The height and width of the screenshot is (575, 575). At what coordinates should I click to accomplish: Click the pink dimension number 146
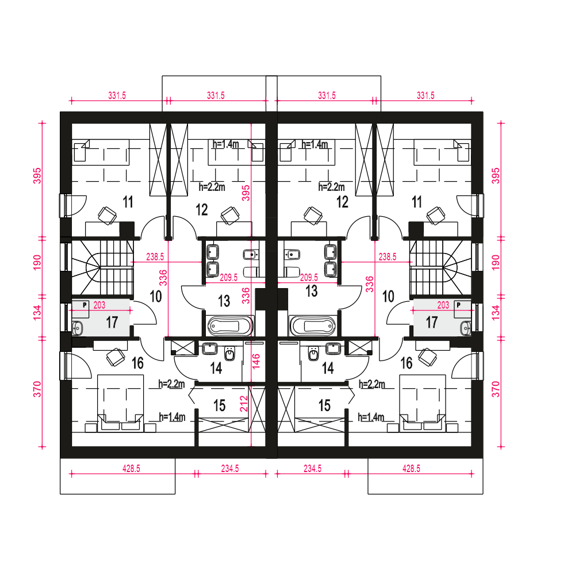click(256, 361)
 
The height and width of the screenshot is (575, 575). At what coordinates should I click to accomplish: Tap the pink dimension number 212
click(244, 404)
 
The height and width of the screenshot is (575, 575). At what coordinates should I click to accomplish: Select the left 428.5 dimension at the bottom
click(131, 468)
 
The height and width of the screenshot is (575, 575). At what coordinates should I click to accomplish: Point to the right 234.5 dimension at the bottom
click(312, 468)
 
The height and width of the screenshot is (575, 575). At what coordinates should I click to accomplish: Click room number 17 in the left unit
click(112, 323)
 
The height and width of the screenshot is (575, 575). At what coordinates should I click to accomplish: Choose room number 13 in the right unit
click(311, 291)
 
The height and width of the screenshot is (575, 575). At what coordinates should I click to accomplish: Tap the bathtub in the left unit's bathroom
click(231, 325)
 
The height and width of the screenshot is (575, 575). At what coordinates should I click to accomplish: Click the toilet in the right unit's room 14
click(314, 354)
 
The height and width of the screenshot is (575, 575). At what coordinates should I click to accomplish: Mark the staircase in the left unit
click(102, 267)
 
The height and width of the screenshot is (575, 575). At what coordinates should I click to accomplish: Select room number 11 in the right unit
click(416, 202)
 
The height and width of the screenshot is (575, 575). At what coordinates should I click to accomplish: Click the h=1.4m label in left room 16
click(172, 417)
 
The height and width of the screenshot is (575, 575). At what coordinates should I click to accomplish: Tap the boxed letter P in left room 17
click(85, 304)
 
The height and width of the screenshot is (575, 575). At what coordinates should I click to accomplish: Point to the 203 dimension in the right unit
click(443, 305)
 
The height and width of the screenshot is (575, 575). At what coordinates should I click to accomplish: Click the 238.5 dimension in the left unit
click(155, 256)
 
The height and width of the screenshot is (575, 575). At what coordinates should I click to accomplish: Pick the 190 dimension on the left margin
click(37, 263)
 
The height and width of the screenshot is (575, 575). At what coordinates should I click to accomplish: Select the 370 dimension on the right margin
click(496, 389)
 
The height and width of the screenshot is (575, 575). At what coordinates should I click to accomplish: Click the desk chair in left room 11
click(108, 215)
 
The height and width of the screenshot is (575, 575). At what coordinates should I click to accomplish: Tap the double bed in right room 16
click(423, 403)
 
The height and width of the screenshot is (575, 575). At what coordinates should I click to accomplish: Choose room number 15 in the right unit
click(324, 405)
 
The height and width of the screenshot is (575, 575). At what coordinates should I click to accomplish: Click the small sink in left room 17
click(78, 328)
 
